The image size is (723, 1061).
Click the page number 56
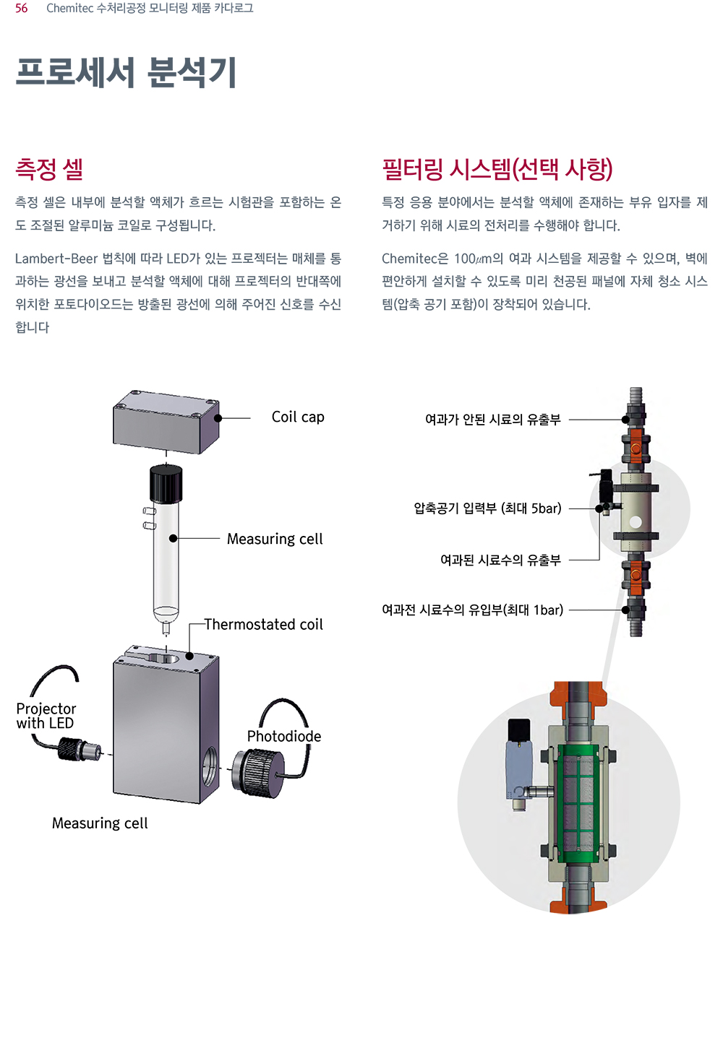click(x=22, y=8)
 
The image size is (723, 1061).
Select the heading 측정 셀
click(x=49, y=169)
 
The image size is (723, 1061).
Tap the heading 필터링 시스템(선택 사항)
click(x=497, y=170)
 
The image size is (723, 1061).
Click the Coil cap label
click(x=298, y=417)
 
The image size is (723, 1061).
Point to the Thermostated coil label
click(x=264, y=624)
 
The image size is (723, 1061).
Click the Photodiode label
click(x=284, y=736)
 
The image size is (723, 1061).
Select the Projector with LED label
click(x=46, y=716)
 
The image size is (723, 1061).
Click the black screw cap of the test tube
click(x=166, y=483)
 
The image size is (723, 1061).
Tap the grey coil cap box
click(x=166, y=422)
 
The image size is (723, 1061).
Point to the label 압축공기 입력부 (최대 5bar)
click(x=487, y=508)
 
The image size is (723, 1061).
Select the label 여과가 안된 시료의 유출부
click(x=492, y=420)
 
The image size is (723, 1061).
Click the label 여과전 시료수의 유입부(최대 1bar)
click(x=473, y=610)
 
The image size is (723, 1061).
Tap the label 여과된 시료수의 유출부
click(x=500, y=560)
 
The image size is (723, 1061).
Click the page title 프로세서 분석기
click(x=126, y=72)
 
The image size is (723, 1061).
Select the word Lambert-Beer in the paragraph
click(x=56, y=259)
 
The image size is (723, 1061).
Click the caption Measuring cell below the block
click(x=100, y=823)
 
